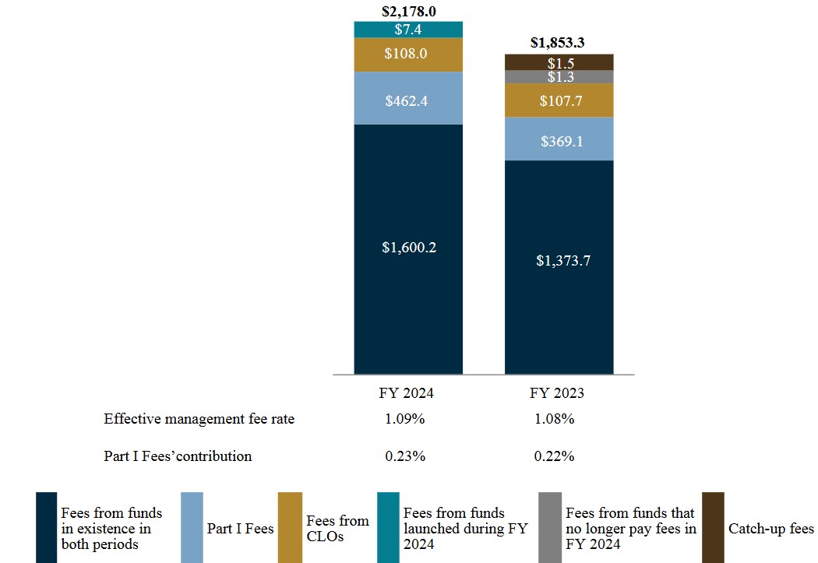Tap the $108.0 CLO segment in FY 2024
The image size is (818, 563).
pyautogui.click(x=408, y=55)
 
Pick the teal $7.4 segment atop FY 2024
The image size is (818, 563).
pyautogui.click(x=408, y=30)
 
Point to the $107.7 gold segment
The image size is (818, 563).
pyautogui.click(x=559, y=100)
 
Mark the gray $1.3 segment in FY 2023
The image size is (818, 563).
pyautogui.click(x=559, y=77)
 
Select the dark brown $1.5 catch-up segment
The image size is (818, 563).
pyautogui.click(x=559, y=62)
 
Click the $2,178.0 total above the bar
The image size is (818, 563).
pyautogui.click(x=408, y=11)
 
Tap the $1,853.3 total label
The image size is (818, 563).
pyautogui.click(x=559, y=44)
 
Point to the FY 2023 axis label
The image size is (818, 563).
pyautogui.click(x=556, y=393)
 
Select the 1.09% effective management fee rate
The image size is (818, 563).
pyautogui.click(x=404, y=419)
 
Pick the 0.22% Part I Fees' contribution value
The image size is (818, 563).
pyautogui.click(x=554, y=456)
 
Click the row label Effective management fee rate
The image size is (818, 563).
pyautogui.click(x=199, y=419)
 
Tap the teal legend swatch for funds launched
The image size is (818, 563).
pyautogui.click(x=387, y=527)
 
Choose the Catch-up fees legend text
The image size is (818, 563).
pyautogui.click(x=770, y=530)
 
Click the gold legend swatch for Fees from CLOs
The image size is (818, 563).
pyautogui.click(x=289, y=527)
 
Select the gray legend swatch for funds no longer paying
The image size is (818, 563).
pyautogui.click(x=549, y=527)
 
